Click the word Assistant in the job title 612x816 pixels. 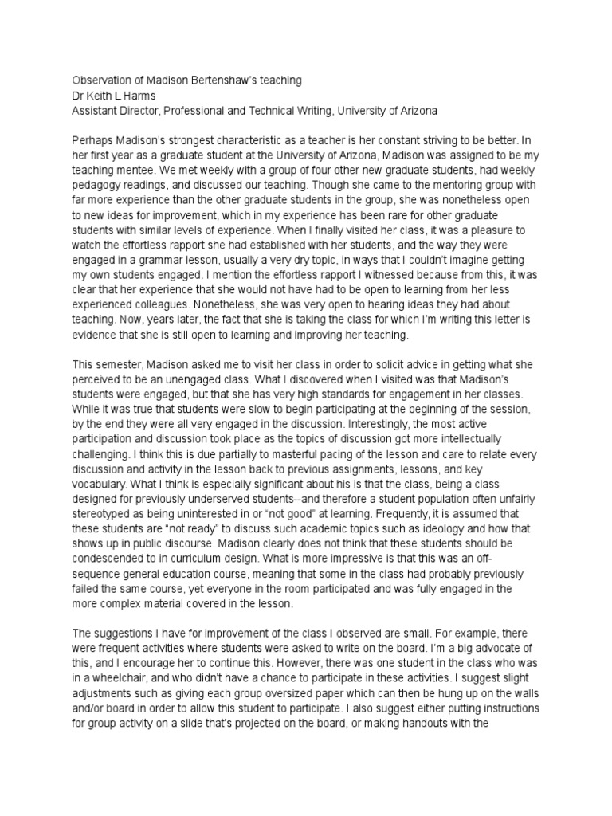(x=97, y=110)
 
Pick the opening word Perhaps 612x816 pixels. (x=92, y=141)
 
